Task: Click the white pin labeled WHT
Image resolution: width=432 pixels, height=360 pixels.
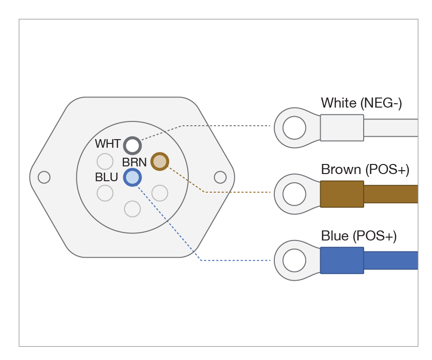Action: click(132, 145)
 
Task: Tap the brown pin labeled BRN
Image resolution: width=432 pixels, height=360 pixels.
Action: click(160, 162)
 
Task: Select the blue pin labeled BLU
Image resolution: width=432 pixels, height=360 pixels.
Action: click(132, 177)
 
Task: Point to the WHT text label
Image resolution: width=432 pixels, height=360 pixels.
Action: click(108, 144)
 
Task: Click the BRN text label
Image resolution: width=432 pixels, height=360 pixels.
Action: click(134, 162)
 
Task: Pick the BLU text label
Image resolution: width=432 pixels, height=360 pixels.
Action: click(107, 177)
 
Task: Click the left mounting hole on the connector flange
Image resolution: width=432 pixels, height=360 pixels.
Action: click(44, 177)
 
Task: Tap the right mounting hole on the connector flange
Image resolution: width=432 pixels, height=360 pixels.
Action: click(220, 177)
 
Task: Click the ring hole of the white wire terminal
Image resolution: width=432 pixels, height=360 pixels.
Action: click(294, 128)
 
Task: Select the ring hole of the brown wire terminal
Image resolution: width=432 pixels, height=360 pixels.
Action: click(294, 194)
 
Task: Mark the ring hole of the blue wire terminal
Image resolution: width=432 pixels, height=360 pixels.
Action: click(294, 261)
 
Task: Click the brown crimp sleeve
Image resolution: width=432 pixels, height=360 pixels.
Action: click(342, 194)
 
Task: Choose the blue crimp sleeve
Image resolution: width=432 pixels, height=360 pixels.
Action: click(342, 261)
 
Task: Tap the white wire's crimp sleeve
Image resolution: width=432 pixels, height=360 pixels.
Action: click(342, 128)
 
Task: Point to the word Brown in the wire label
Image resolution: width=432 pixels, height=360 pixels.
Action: click(341, 170)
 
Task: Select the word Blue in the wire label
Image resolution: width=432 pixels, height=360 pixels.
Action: click(335, 236)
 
